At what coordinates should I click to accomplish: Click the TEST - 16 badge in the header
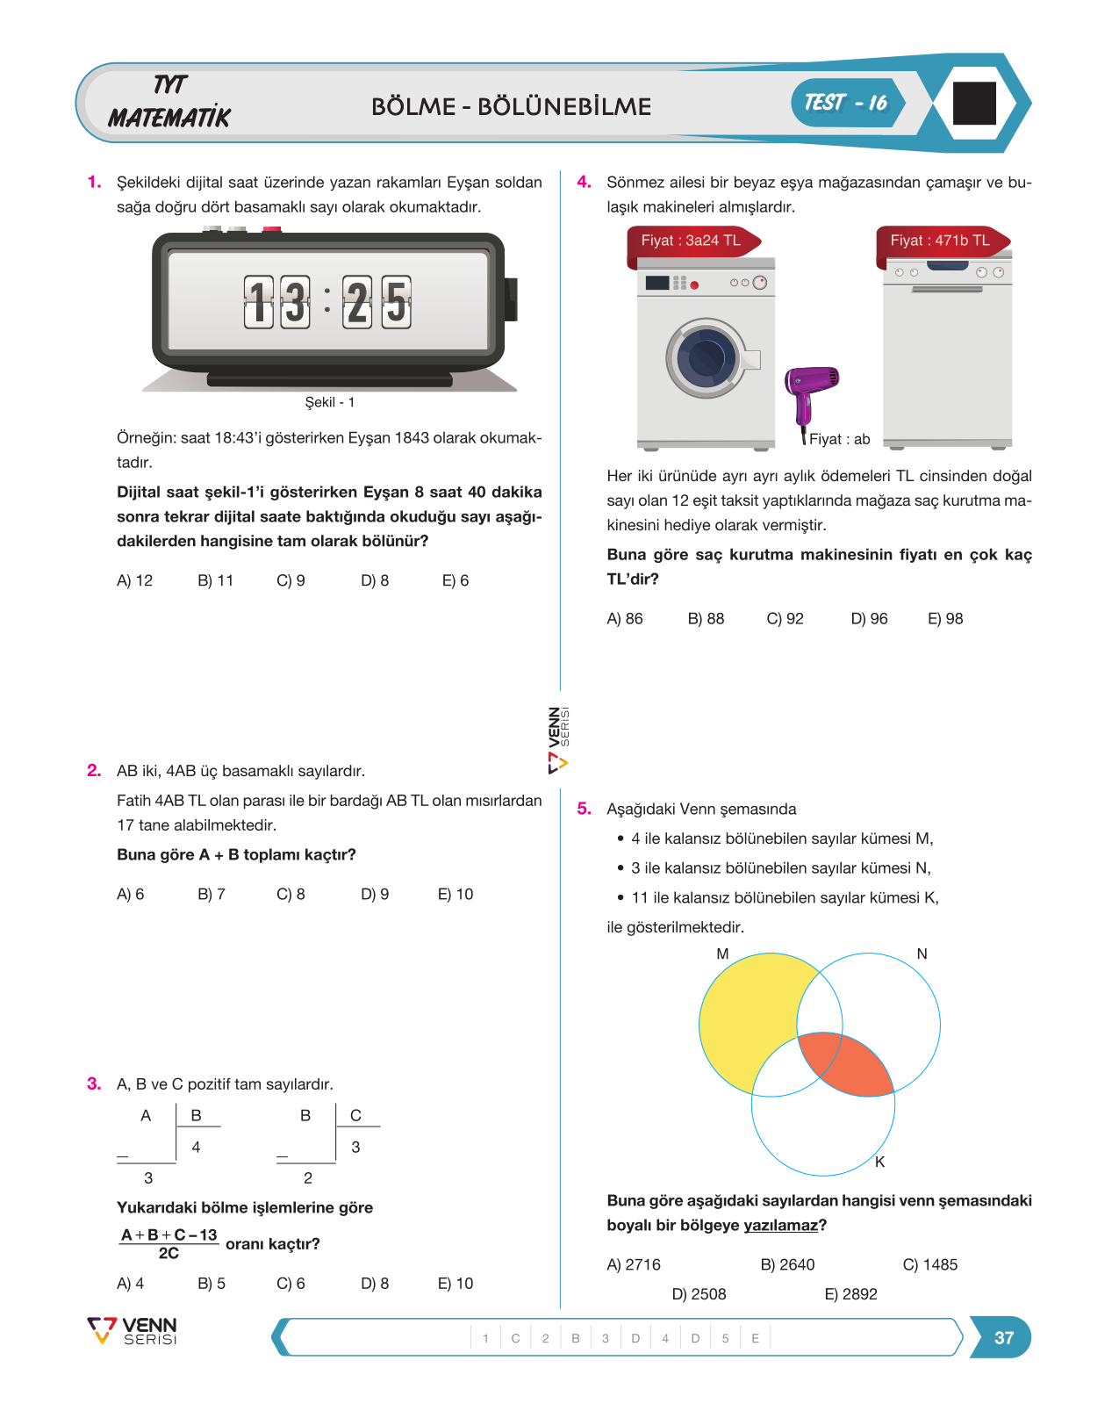click(x=848, y=103)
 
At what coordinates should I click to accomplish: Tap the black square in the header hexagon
click(x=974, y=104)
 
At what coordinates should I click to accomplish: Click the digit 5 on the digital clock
click(x=396, y=302)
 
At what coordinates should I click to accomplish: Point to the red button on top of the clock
click(x=272, y=229)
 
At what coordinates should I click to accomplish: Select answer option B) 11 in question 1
click(x=215, y=580)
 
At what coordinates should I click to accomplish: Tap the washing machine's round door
click(x=706, y=358)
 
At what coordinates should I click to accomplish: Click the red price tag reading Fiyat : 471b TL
click(x=943, y=241)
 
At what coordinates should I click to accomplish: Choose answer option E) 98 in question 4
click(x=945, y=619)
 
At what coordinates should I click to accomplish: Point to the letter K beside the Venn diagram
click(x=880, y=1162)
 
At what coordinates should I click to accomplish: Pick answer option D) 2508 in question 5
click(x=699, y=1294)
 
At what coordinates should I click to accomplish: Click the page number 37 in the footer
click(x=1004, y=1337)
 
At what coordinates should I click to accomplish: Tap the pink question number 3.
click(x=94, y=1084)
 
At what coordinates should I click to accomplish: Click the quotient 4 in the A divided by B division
click(x=196, y=1148)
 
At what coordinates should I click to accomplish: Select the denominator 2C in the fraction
click(x=169, y=1253)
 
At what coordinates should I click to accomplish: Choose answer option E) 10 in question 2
click(x=455, y=894)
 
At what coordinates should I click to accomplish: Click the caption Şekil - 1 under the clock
click(x=329, y=402)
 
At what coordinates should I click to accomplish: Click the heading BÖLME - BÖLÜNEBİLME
click(x=511, y=106)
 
